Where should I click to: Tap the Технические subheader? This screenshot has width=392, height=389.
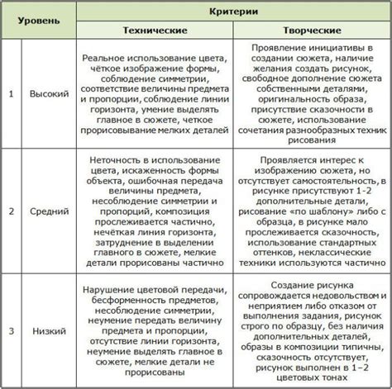pyautogui.click(x=155, y=29)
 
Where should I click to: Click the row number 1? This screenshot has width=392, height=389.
pyautogui.click(x=11, y=93)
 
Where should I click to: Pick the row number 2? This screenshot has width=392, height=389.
pyautogui.click(x=11, y=211)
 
